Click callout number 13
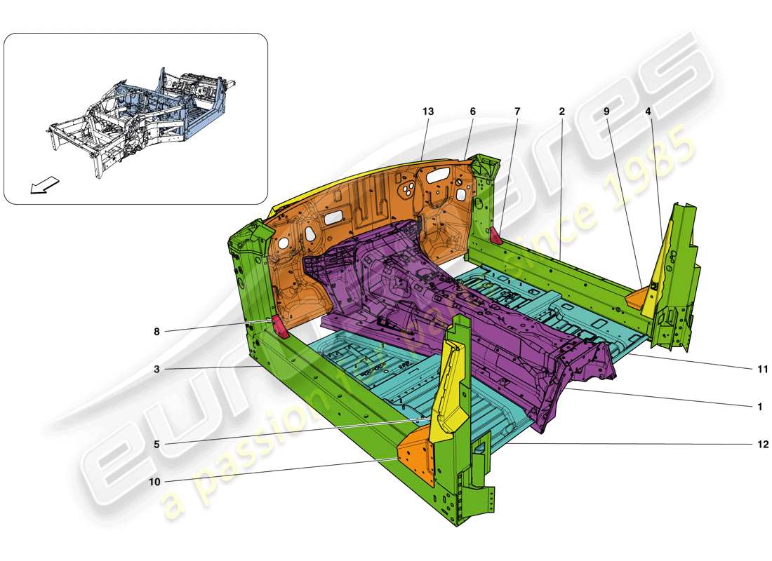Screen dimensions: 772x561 click(x=428, y=111)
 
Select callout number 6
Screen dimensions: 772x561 click(x=472, y=111)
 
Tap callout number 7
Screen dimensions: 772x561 click(x=517, y=111)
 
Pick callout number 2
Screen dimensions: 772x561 click(x=561, y=111)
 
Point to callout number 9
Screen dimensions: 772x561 click(x=606, y=111)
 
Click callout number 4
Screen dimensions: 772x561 click(x=648, y=111)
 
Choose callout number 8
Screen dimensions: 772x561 click(x=158, y=332)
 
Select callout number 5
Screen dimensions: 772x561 click(x=158, y=444)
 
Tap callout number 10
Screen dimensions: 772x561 click(x=156, y=482)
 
